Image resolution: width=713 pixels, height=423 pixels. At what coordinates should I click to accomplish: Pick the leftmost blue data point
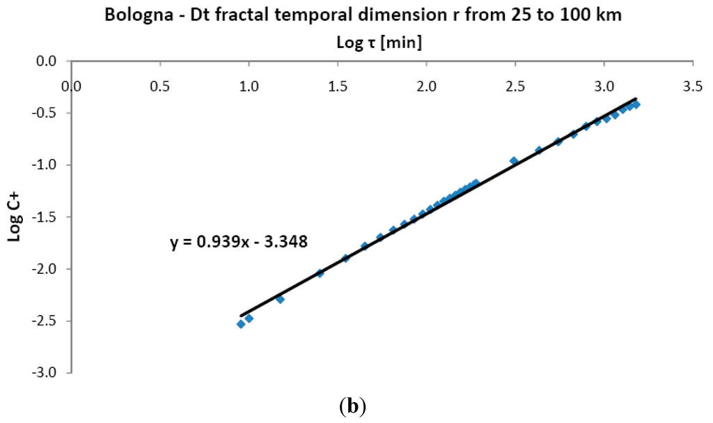pos(241,324)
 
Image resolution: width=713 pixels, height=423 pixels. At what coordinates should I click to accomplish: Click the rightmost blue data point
pos(636,105)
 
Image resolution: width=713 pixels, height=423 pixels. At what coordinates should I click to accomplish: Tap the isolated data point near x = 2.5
pos(514,161)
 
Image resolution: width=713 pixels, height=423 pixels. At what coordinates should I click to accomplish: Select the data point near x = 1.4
pos(320,273)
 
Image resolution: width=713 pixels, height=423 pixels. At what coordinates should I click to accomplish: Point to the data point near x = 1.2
pos(280,299)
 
